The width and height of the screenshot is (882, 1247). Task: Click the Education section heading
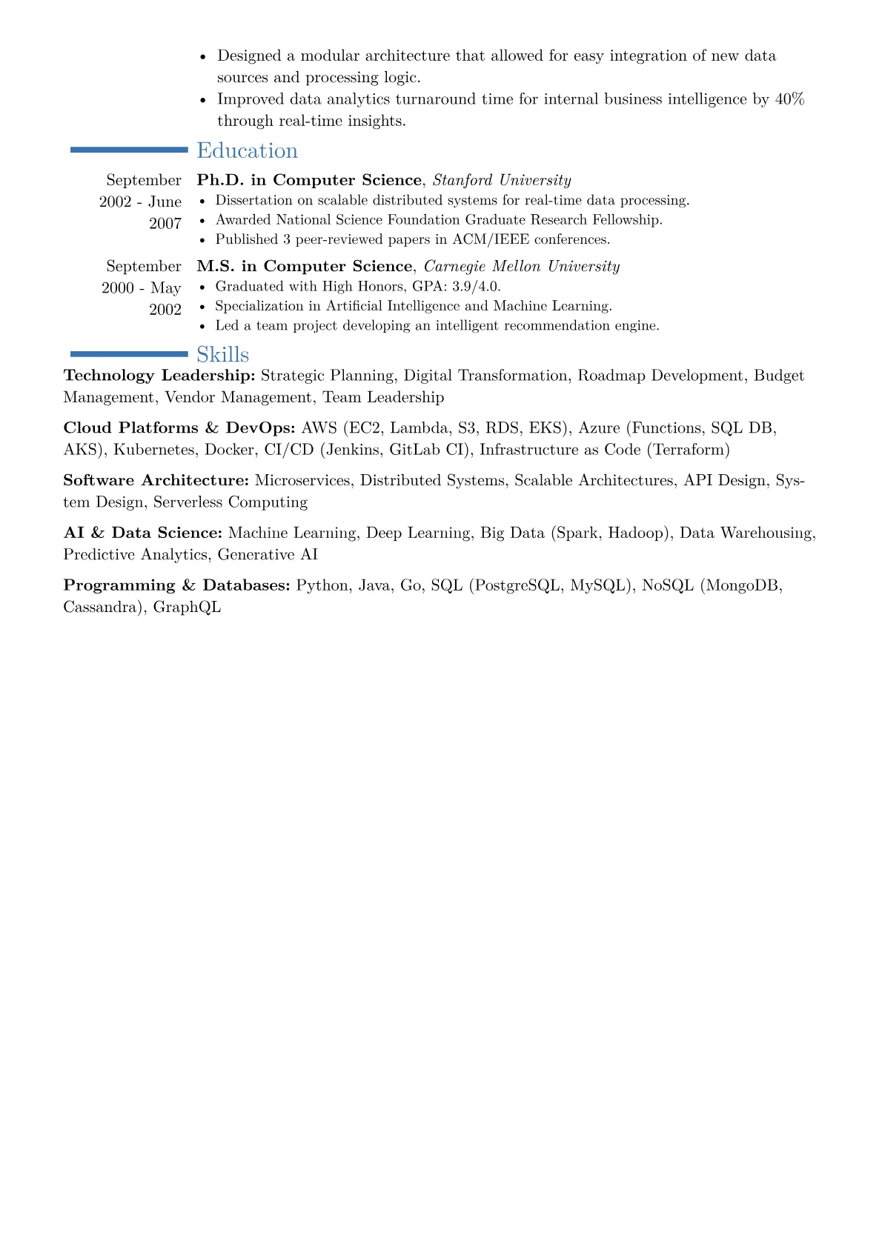247,150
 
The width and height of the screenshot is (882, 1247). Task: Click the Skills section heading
222,354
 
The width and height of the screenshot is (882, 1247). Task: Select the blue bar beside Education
129,150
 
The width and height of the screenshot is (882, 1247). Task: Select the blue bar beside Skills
129,354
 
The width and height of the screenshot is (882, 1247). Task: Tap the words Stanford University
502,180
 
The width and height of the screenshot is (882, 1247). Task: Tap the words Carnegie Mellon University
521,266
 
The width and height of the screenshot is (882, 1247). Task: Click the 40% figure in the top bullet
789,99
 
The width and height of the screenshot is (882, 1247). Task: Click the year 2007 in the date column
165,224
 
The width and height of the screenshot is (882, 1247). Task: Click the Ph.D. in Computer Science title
308,180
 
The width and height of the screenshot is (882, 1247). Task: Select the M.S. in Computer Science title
304,266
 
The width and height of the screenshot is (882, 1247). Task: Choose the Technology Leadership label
159,376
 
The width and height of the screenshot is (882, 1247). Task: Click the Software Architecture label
156,481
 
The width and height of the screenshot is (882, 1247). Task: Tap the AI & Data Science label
142,533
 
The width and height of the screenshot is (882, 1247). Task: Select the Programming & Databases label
176,585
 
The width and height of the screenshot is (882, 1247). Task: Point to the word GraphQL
187,608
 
